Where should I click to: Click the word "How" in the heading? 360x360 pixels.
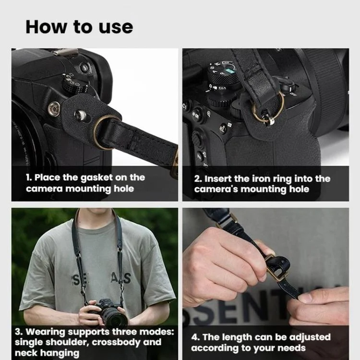point(46,27)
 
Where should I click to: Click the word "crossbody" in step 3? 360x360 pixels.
point(116,343)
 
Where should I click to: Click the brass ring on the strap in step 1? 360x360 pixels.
point(104,132)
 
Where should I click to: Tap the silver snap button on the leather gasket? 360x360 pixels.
point(80,115)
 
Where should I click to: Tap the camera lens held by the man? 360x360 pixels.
point(116,317)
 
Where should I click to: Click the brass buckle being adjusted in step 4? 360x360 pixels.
point(276,267)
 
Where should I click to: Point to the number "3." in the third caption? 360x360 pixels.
point(19,332)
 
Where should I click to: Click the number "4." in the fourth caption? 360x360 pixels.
point(195,337)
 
